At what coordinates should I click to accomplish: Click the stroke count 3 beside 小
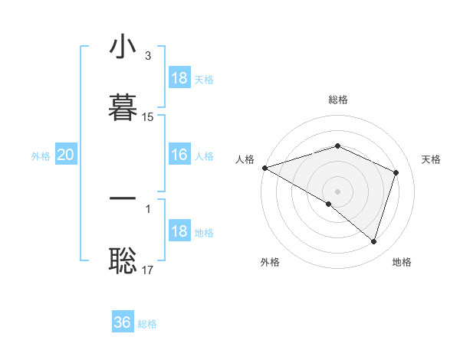coord(147,57)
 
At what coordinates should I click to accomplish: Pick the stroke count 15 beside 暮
coord(148,117)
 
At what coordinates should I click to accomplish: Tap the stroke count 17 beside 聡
coord(148,270)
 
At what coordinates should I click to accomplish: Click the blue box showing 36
coord(123,322)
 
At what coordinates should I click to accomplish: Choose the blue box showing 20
coord(66,155)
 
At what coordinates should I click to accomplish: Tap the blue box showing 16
coord(179,155)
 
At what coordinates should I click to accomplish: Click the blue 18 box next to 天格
coord(179,78)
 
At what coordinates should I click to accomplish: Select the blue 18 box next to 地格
coord(179,231)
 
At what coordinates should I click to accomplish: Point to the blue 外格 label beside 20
coord(41,155)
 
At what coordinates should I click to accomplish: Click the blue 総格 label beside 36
coord(147,324)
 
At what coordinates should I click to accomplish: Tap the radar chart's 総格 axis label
coord(337,100)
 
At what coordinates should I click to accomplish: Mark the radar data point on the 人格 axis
coord(264,168)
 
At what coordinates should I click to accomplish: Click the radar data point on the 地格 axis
coord(373,242)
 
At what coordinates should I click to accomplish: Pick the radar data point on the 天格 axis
coord(396,172)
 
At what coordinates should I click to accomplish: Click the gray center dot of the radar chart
coord(337,191)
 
